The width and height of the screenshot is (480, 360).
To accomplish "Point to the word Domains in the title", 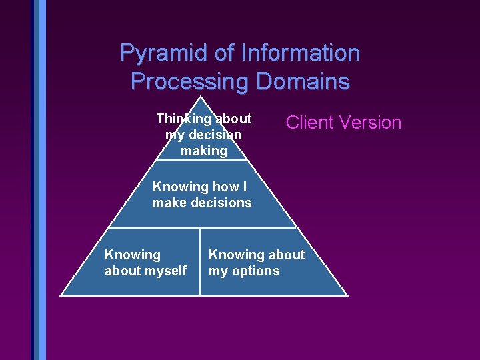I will tap(303, 81).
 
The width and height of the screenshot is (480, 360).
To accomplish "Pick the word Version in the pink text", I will tap(370, 123).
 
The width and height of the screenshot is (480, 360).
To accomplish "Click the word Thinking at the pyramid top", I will tap(182, 119).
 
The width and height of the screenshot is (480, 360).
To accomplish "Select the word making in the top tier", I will tap(203, 151).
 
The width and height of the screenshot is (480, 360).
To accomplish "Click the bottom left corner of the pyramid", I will tap(61, 295).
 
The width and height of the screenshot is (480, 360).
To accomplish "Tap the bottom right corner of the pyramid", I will tap(347, 295).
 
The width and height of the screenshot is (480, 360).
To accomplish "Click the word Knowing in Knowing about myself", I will tap(132, 255).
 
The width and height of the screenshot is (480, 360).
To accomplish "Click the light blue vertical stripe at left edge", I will tap(43, 180).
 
